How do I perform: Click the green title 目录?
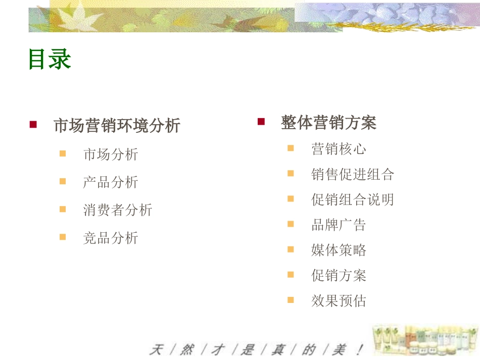point(50,59)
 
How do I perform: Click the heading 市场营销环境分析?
point(117,125)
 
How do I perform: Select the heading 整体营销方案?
point(328,123)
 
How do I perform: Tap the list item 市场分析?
point(111,154)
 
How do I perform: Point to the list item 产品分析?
point(111,182)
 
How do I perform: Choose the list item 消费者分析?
point(118,210)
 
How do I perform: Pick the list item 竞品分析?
point(111,238)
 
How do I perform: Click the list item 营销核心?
point(339,149)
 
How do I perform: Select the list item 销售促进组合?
point(353,174)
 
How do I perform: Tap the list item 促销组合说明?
point(353,199)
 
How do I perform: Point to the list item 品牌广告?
point(339,225)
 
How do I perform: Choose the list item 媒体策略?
point(339,250)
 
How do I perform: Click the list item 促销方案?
point(339,275)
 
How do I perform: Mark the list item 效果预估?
point(339,300)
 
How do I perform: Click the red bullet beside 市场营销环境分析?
point(33,125)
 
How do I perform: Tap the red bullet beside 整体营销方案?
point(261,122)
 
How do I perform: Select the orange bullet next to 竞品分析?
point(63,237)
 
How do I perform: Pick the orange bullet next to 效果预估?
point(291,300)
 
